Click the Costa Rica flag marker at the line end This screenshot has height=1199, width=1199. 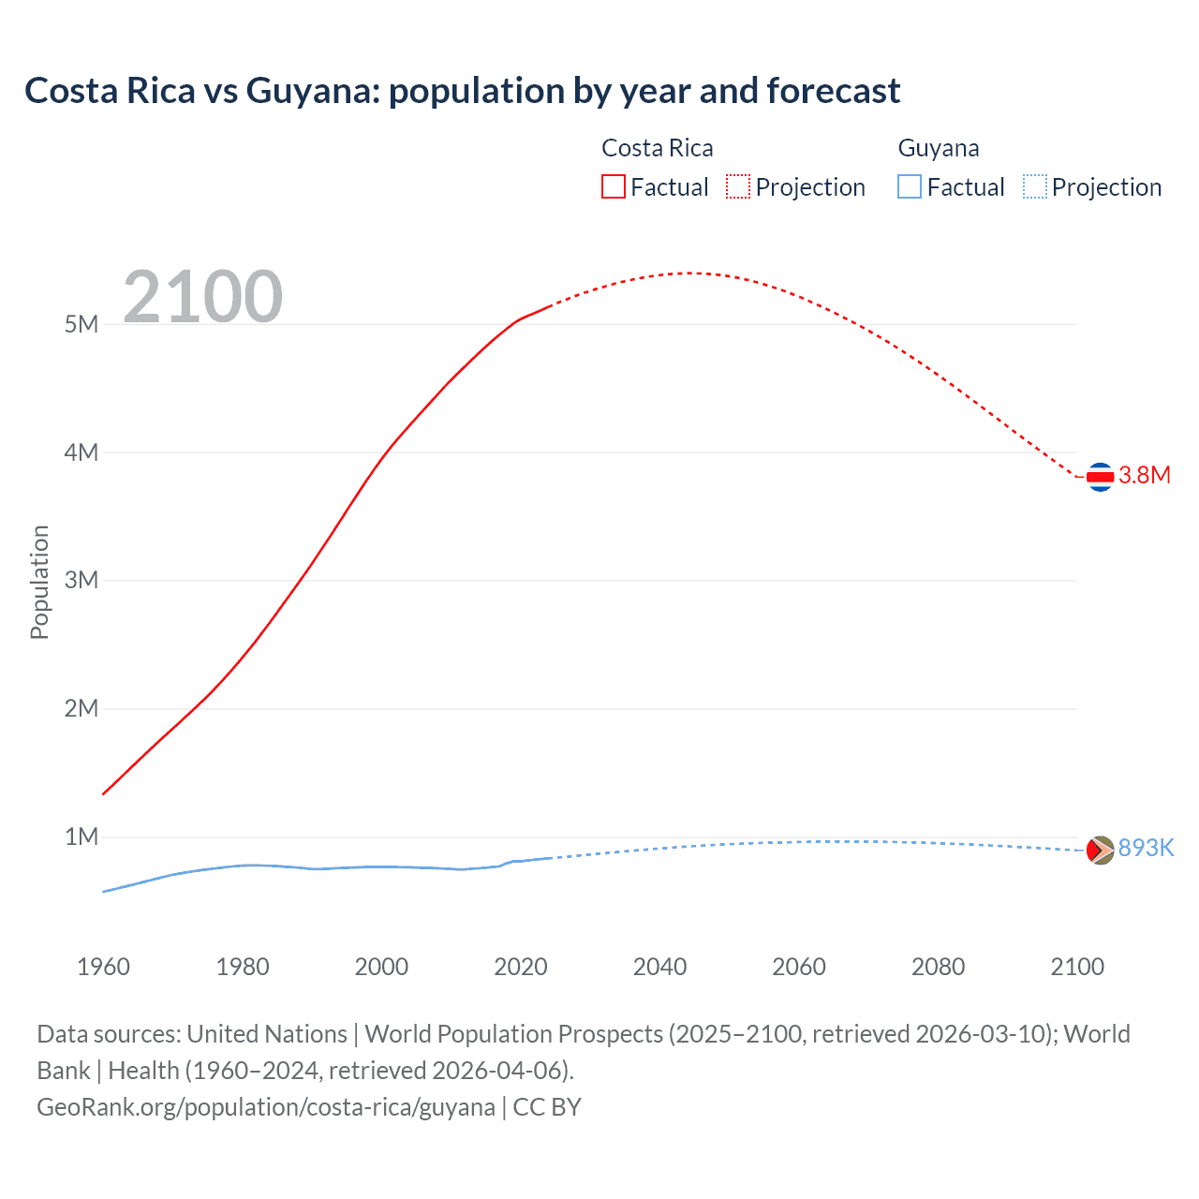[1100, 477]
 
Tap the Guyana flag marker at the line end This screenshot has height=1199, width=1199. [1100, 850]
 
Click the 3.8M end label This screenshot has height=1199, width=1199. [1145, 475]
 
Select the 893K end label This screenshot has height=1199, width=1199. [1146, 848]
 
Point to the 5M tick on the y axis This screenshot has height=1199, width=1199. [81, 324]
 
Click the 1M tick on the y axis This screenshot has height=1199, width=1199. [81, 836]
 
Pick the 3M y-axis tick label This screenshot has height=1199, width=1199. [81, 580]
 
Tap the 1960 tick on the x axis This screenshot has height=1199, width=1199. [103, 967]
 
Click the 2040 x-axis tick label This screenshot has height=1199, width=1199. [659, 967]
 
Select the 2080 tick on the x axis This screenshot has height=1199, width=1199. [938, 967]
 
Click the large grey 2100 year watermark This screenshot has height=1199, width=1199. [202, 297]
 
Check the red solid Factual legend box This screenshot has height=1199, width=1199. [613, 186]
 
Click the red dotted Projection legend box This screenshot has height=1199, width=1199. [738, 186]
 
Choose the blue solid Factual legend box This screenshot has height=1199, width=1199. [909, 186]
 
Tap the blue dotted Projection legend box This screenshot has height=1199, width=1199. [1034, 186]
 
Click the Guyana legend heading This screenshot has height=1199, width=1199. [938, 148]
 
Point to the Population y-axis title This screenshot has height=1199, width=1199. [39, 582]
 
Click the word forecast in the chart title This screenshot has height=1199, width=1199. [834, 91]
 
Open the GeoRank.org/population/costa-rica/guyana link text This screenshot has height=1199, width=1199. [265, 1107]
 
